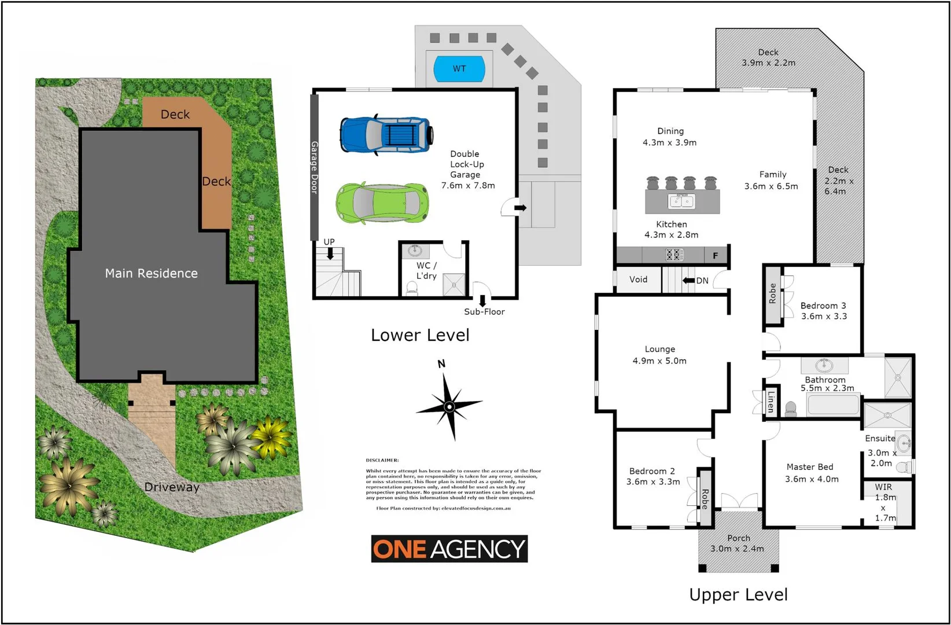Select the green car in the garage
(x=382, y=203)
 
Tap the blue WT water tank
(x=459, y=69)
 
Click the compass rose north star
(x=449, y=406)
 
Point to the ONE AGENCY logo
(x=449, y=549)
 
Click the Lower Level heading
(x=420, y=335)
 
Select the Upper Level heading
(x=738, y=594)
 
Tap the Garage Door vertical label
(x=315, y=167)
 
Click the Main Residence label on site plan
(x=151, y=273)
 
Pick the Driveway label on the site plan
(x=172, y=487)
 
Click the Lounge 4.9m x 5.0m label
(x=659, y=355)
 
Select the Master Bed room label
(x=810, y=472)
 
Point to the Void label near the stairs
(x=638, y=280)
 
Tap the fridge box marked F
(x=716, y=255)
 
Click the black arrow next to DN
(x=688, y=281)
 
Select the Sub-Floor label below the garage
(x=484, y=311)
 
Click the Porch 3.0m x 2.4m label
(x=738, y=543)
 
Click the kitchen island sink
(x=681, y=201)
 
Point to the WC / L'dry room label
(x=426, y=270)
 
